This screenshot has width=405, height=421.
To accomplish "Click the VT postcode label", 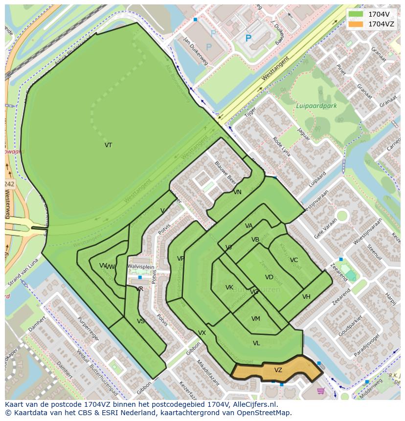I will pos(108,145).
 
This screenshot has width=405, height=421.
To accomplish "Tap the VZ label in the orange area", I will pos(278,370).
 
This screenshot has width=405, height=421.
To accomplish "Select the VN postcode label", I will pos(237,192).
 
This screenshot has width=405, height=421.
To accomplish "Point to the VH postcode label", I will pos(306,297).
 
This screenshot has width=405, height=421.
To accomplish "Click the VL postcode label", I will pos(256,343).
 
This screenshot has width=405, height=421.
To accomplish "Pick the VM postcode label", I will pos(255,319).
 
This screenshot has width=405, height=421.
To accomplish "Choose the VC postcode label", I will pos(293,260).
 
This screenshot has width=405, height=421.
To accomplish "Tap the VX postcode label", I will pos(202,333).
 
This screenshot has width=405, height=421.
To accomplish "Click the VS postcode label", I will pos(141,321).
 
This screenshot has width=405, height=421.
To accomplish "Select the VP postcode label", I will pos(180,259).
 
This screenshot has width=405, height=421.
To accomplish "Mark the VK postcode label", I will pos(229,288).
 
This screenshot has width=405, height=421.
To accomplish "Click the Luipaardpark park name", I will pos(316,106).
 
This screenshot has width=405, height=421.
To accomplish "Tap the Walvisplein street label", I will pos(141,266).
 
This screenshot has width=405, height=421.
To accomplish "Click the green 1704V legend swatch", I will pos(356,14).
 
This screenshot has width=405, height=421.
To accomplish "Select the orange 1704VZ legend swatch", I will pos(356,24).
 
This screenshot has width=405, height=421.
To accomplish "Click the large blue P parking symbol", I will pos(248,38).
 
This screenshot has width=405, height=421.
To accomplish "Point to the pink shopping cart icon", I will pos(321,391).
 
